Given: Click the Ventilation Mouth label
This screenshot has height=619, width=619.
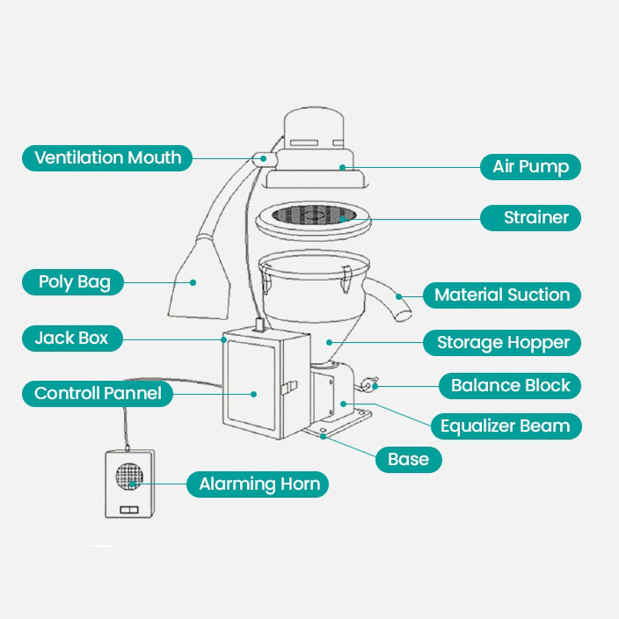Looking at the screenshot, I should [x=107, y=158].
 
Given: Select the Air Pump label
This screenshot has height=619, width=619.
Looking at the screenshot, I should [x=530, y=167].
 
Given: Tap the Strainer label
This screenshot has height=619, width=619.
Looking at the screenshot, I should [x=530, y=218].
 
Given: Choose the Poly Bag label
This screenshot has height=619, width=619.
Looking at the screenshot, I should [x=74, y=282].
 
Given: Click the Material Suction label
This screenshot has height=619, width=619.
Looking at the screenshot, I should [x=502, y=295].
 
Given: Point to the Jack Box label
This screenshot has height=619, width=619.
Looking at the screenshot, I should [x=72, y=338].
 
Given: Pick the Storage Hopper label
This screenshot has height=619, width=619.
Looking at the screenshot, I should [x=503, y=343].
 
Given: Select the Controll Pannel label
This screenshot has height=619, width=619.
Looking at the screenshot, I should [x=98, y=393].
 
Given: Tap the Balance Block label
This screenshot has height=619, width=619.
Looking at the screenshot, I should [x=510, y=385].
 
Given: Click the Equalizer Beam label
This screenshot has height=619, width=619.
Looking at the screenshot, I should [x=505, y=426].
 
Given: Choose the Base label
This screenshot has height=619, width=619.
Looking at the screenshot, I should [x=408, y=459].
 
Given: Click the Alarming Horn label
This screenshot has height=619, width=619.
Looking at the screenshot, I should [x=259, y=484].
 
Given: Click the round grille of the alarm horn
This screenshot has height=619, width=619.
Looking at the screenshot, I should [x=129, y=477].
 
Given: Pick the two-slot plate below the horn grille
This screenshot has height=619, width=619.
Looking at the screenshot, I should [x=128, y=509].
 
